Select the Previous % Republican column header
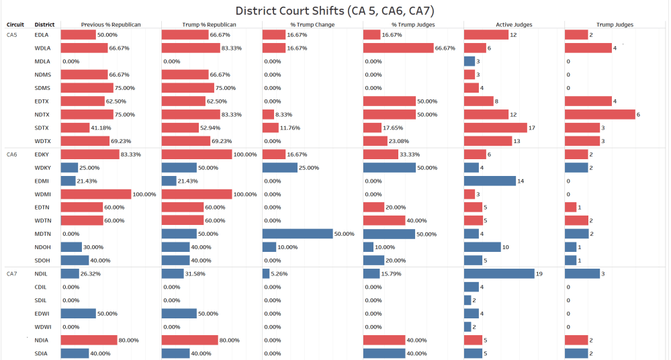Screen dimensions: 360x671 111,25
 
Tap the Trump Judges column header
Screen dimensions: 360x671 615,25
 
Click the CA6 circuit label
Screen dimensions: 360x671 12,154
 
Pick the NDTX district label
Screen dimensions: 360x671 42,114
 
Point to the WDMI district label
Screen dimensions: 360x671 43,194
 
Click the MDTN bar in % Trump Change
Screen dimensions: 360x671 298,234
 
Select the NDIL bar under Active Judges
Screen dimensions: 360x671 499,273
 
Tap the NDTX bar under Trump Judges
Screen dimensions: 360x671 600,114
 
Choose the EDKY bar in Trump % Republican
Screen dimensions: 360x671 197,154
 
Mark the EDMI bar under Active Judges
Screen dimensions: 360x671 490,181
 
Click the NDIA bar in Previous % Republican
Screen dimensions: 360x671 89,340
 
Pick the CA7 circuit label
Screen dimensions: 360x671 12,273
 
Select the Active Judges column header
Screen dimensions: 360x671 514,25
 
